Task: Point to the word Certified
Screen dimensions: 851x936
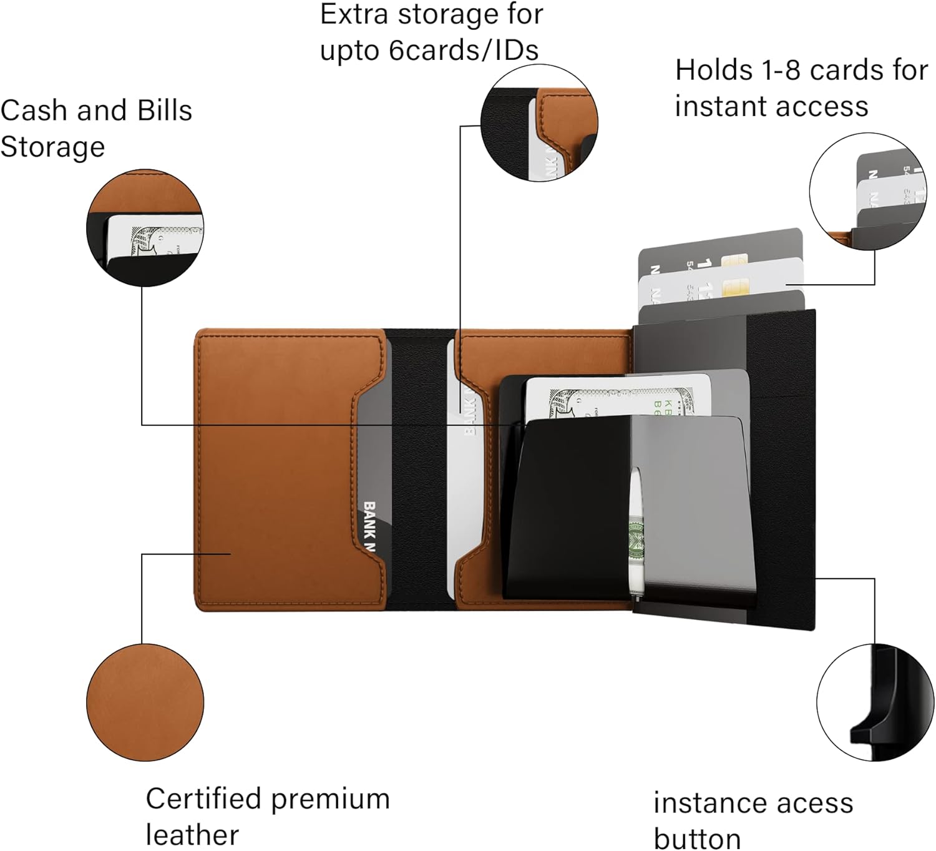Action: pos(203,799)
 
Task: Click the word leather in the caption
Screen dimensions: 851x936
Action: pos(192,835)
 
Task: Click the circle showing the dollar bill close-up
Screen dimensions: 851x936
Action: pos(145,228)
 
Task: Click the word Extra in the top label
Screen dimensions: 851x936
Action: pos(354,15)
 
